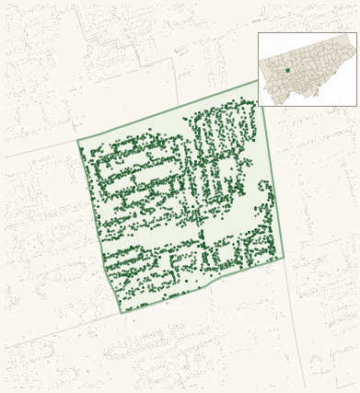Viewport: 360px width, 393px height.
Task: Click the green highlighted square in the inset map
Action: point(287,70)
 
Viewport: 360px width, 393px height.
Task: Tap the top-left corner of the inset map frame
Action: point(258,33)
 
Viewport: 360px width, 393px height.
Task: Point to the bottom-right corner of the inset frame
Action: point(356,106)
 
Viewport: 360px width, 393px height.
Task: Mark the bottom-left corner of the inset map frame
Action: point(258,106)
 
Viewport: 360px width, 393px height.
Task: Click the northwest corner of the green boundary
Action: point(78,141)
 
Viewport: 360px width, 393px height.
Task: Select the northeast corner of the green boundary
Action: point(260,80)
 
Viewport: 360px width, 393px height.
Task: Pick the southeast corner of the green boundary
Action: point(284,257)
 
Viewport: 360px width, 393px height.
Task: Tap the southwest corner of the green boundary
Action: point(122,313)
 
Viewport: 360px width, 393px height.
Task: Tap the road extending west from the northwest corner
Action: point(37,151)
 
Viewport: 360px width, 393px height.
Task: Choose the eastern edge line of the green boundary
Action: point(272,170)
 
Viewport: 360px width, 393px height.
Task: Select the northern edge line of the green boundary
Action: point(170,110)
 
